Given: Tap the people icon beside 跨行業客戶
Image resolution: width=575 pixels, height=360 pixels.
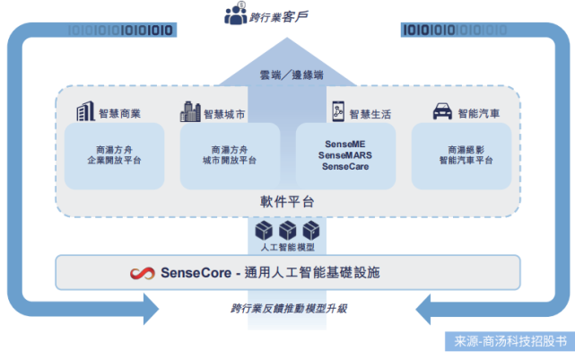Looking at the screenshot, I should [x=235, y=14].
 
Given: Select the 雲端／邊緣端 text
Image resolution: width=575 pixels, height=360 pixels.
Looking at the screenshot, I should [x=287, y=75].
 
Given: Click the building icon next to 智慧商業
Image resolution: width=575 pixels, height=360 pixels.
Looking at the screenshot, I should [x=85, y=112].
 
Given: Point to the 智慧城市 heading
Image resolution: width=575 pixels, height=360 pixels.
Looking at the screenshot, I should [x=225, y=114].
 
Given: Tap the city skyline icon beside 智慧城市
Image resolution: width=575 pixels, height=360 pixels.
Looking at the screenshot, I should [x=190, y=112].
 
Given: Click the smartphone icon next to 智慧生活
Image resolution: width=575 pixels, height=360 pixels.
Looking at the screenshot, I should [x=336, y=112].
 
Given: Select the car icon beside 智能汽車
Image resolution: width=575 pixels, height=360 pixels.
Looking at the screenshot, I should [x=442, y=113].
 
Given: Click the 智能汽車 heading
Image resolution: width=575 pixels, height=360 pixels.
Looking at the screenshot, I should [x=480, y=114].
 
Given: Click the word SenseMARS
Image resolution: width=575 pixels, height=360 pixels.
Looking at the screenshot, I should [x=344, y=155].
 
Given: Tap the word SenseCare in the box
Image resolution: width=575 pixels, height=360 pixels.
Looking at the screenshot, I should [x=344, y=167].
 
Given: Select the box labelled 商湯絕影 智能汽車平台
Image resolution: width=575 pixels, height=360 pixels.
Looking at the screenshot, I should [x=460, y=155].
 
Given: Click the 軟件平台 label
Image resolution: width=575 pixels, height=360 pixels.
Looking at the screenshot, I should [x=288, y=202].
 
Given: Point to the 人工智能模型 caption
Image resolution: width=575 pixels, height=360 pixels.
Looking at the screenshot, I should [x=287, y=246].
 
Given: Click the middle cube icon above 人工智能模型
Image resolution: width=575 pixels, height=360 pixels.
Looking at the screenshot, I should [x=287, y=229].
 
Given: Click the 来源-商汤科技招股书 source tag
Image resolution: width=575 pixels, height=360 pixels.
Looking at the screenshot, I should [x=509, y=342].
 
